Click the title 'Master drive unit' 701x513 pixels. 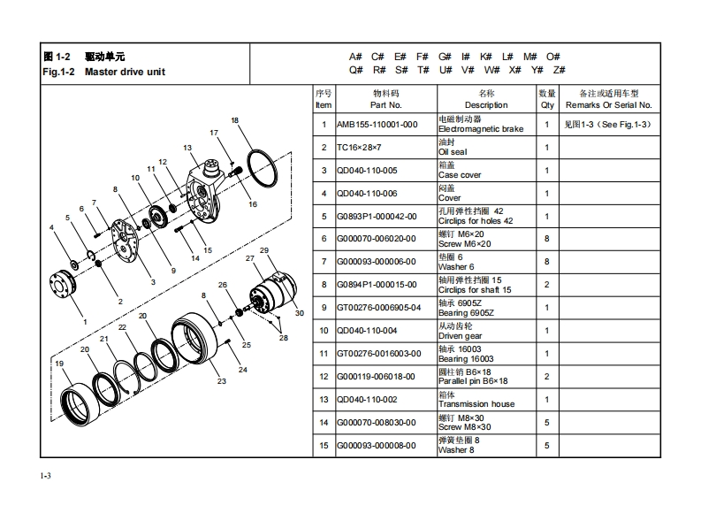(125, 72)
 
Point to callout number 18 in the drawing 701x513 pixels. (234, 120)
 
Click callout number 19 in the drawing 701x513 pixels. (59, 364)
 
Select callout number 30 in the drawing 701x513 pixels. (299, 313)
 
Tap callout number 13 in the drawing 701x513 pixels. (187, 148)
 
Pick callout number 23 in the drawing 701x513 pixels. (222, 381)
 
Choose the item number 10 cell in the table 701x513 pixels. (324, 331)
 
